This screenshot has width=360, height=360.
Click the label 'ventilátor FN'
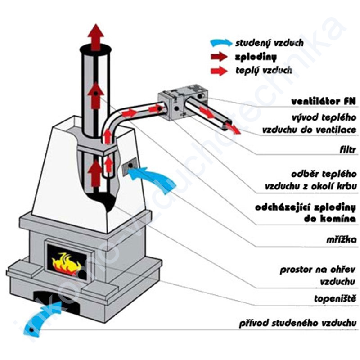[x=322, y=101]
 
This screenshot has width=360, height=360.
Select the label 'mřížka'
[x=342, y=239]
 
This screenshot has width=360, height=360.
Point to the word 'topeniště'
[x=338, y=298]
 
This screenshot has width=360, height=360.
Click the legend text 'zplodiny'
[x=255, y=57]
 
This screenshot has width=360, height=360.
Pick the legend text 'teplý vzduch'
[x=264, y=71]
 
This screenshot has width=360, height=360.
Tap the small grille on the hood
[x=128, y=167]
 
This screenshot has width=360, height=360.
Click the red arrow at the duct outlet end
[x=230, y=127]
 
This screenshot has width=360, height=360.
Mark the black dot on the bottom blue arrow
[x=32, y=331]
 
